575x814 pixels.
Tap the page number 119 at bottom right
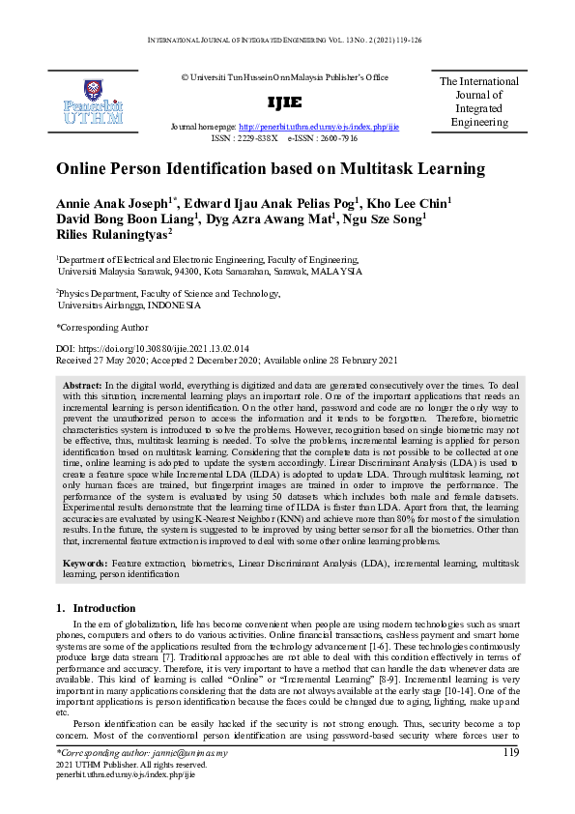(510, 751)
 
